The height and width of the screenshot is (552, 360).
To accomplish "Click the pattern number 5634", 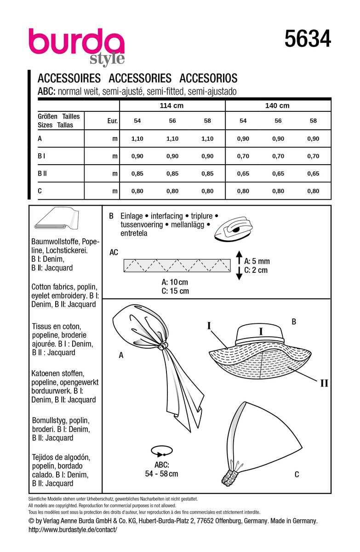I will coord(308,39).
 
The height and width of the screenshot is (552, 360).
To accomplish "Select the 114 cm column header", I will coord(172,105).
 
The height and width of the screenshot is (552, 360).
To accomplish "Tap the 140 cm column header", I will coord(278,105).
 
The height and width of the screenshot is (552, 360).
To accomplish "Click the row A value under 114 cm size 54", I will coord(137,138).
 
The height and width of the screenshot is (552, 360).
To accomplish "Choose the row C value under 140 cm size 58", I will coord(313,191).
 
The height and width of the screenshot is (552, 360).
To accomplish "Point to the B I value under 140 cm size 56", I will coord(278,156).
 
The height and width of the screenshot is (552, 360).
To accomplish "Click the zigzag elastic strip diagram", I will coord(177,265).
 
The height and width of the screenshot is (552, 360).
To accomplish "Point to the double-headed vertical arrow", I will coord(239,265).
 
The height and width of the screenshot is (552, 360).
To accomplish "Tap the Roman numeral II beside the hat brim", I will coord(324,383).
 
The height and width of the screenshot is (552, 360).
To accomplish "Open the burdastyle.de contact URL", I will coord(73,529).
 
